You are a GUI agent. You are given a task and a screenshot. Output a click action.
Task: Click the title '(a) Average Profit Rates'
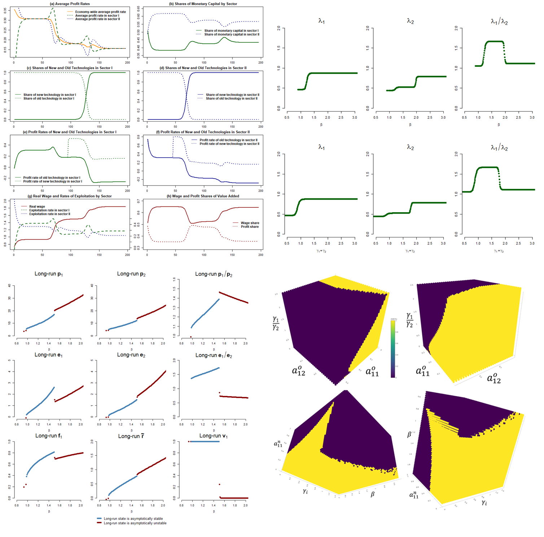70,4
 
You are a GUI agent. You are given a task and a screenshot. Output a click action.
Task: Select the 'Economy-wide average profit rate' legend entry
100,12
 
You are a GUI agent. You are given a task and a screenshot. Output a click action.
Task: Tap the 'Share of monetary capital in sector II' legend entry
232,35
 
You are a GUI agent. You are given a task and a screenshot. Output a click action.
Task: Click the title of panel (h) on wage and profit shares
203,196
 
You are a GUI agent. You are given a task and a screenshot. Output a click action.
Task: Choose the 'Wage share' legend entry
250,223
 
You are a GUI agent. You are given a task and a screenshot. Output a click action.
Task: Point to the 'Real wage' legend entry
37,207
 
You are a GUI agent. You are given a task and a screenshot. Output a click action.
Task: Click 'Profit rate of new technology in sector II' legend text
229,144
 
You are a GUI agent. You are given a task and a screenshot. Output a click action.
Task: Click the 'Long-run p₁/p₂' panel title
214,274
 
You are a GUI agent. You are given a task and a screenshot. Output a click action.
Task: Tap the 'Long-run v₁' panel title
214,436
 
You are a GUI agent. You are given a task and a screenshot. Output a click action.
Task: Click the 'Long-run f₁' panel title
49,436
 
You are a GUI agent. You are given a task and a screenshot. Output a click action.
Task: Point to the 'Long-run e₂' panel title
131,355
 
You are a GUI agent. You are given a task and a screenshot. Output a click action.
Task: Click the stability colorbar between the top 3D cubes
393,349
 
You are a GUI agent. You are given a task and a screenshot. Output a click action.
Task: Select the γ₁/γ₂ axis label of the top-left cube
276,323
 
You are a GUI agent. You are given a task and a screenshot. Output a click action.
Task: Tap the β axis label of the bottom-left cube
373,494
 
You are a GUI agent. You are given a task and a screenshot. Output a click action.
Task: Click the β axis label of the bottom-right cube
409,434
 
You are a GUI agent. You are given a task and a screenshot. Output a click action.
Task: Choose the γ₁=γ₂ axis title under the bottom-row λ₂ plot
410,251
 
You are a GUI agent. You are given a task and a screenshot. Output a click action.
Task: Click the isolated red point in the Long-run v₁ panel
219,484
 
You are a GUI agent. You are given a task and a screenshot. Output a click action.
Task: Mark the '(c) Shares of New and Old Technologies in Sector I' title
70,68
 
